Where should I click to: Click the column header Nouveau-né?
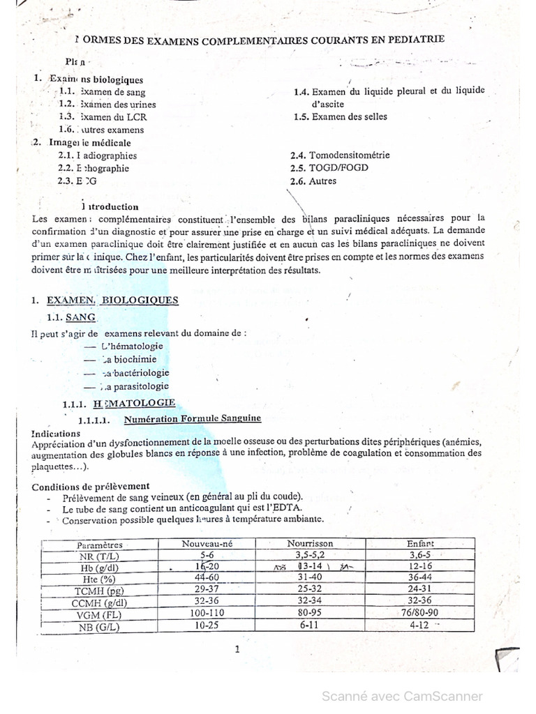pyautogui.click(x=206, y=543)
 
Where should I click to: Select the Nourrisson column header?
pyautogui.click(x=310, y=543)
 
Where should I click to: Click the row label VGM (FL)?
pyautogui.click(x=100, y=615)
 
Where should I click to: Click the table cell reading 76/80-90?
pyautogui.click(x=420, y=612)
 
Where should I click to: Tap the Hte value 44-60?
pyautogui.click(x=206, y=578)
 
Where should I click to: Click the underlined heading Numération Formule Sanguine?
pyautogui.click(x=192, y=419)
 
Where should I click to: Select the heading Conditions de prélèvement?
pyautogui.click(x=91, y=485)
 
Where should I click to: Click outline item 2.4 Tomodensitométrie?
pyautogui.click(x=340, y=155)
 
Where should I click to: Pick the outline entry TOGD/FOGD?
pyautogui.click(x=329, y=168)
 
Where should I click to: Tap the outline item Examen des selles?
pyautogui.click(x=341, y=116)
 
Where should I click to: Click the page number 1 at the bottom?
pyautogui.click(x=237, y=650)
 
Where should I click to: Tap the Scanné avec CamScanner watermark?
pyautogui.click(x=401, y=696)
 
